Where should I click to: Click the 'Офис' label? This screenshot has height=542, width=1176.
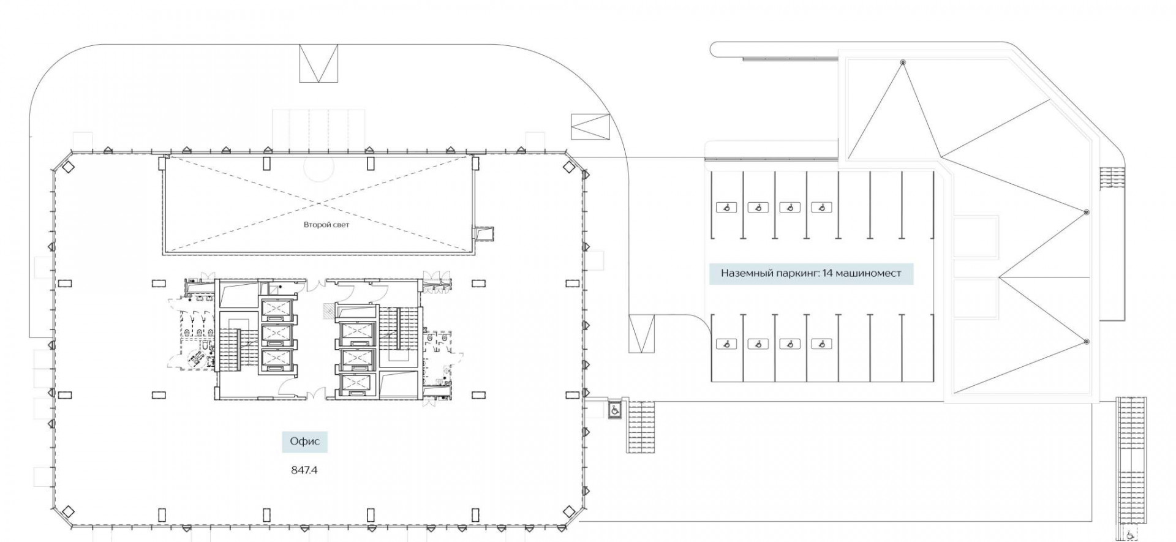tap(305, 441)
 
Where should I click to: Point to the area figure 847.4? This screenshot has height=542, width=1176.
tap(304, 470)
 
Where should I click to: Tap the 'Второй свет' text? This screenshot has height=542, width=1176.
tap(326, 225)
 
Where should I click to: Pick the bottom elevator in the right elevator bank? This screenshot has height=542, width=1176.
tap(356, 383)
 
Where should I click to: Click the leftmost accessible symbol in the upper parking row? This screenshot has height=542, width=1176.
tap(726, 208)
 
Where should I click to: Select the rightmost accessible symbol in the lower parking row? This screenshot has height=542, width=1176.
tap(821, 344)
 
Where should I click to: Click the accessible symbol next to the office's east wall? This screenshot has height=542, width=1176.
tap(613, 409)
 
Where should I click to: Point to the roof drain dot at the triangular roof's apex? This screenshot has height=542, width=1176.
tap(902, 62)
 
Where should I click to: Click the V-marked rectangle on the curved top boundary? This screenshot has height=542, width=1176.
tap(318, 63)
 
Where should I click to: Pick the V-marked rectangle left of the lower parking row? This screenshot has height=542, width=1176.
tap(641, 334)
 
